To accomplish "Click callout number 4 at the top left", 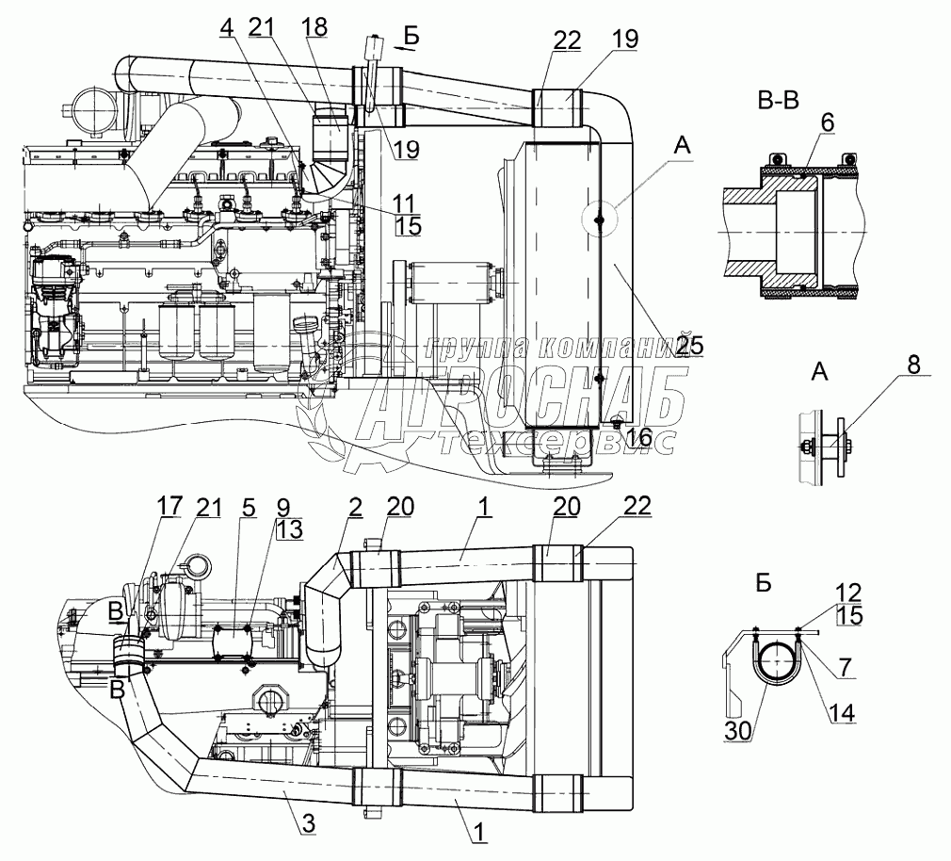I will (x=226, y=28).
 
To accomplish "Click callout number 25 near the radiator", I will (x=688, y=346).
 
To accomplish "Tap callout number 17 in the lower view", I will (x=169, y=507).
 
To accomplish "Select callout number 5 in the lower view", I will (x=249, y=507).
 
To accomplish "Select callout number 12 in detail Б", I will (x=847, y=593).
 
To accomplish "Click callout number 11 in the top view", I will (x=408, y=203).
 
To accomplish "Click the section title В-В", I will (x=778, y=101).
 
